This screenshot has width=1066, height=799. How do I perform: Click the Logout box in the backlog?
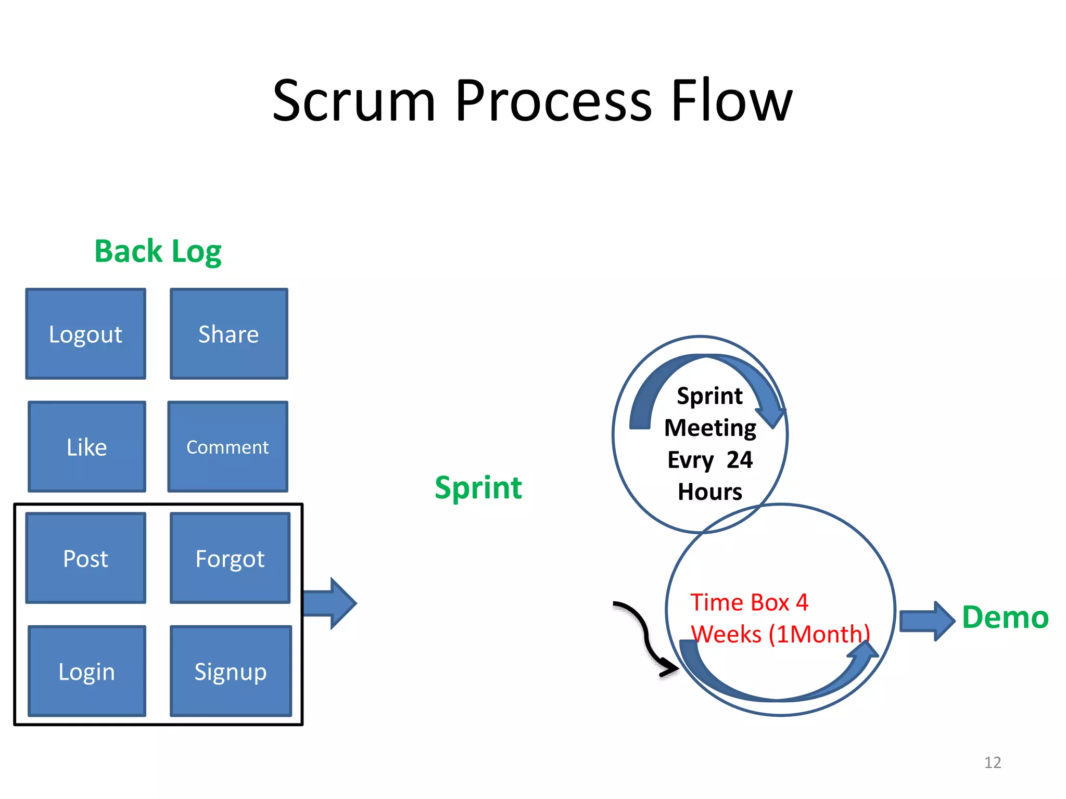(86, 334)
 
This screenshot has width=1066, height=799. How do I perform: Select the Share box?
(229, 334)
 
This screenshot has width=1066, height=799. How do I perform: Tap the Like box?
(87, 447)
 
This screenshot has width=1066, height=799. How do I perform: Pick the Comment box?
(228, 447)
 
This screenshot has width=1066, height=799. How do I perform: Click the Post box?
(86, 558)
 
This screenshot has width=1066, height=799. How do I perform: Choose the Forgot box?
(230, 558)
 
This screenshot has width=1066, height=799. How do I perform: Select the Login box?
(87, 671)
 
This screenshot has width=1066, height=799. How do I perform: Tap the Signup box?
(231, 671)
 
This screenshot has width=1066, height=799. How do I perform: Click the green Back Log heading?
(158, 252)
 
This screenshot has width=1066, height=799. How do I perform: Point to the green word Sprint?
(478, 488)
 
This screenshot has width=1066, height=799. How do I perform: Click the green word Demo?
(1005, 617)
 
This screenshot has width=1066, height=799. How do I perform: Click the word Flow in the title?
(731, 101)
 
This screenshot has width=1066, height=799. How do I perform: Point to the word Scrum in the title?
(354, 101)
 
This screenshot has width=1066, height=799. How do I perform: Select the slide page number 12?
(993, 763)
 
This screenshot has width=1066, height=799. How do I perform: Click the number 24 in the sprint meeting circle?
(740, 460)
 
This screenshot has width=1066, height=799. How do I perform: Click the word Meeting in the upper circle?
(710, 428)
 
